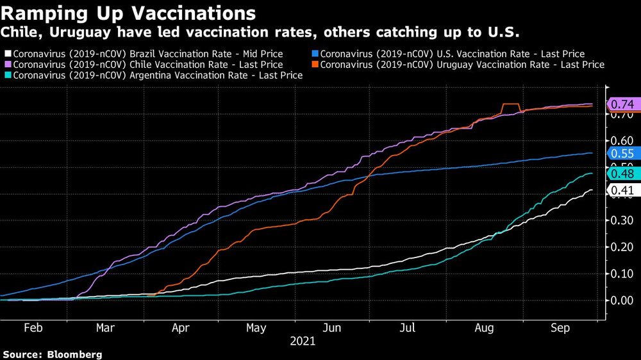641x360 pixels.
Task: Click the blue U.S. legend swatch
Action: pyautogui.click(x=314, y=54)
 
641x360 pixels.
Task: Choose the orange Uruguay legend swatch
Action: pyautogui.click(x=314, y=65)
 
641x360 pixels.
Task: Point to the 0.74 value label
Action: pyautogui.click(x=622, y=104)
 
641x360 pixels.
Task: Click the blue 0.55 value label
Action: pyautogui.click(x=622, y=153)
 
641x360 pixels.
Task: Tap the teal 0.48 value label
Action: pyautogui.click(x=622, y=174)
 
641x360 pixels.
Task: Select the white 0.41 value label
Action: pyautogui.click(x=622, y=190)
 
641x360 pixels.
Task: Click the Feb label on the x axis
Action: pyautogui.click(x=33, y=328)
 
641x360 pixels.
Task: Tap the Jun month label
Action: pyautogui.click(x=332, y=328)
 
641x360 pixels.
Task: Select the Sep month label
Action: pyautogui.click(x=561, y=328)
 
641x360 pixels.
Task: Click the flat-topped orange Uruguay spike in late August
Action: pyautogui.click(x=511, y=104)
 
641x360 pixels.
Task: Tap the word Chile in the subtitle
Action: pyautogui.click(x=21, y=31)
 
